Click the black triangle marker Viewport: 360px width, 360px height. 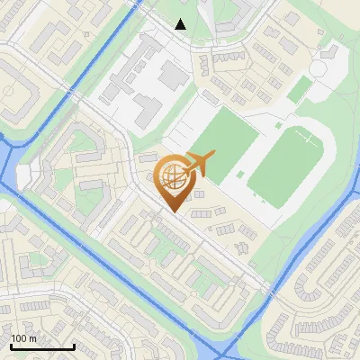(x=181, y=24)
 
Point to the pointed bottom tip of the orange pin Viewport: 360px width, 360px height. (x=173, y=212)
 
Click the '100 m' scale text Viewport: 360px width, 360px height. (x=23, y=339)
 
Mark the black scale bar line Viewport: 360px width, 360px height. (x=41, y=346)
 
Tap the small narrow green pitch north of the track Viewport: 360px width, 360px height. (x=301, y=88)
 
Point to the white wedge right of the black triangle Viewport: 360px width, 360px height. (x=206, y=18)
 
